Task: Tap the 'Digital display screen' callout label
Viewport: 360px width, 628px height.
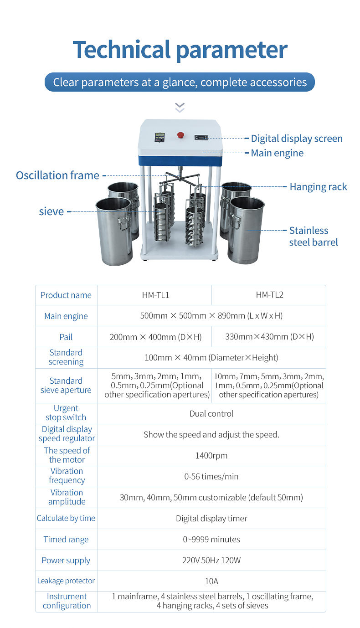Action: tap(297, 139)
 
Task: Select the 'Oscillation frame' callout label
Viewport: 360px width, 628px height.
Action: tap(57, 175)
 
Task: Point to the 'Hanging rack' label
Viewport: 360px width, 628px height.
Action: tap(318, 187)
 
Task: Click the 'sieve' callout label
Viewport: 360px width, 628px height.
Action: tap(51, 211)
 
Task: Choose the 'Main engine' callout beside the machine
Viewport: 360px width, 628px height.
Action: tap(277, 153)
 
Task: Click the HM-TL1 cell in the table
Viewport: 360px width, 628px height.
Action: tap(155, 295)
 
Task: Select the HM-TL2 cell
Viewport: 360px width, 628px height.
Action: tap(269, 295)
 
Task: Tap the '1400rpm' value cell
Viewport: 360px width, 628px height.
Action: tap(211, 455)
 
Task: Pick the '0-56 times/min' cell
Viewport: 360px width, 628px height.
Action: tap(211, 477)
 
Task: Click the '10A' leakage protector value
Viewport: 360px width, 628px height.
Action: tap(211, 581)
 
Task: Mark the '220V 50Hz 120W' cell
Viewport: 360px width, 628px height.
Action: tap(211, 561)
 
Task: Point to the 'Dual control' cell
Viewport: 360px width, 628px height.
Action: tap(211, 414)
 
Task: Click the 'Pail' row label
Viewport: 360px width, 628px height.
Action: tap(66, 337)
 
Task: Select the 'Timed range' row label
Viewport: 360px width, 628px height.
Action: tap(66, 540)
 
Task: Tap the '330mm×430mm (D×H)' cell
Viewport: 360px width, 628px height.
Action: tap(269, 337)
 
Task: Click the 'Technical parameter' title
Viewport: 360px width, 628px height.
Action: tap(180, 49)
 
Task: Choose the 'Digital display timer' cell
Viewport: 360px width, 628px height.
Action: tap(211, 519)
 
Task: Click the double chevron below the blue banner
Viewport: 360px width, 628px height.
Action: tap(180, 108)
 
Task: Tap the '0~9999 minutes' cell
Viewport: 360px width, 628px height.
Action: tap(211, 540)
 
